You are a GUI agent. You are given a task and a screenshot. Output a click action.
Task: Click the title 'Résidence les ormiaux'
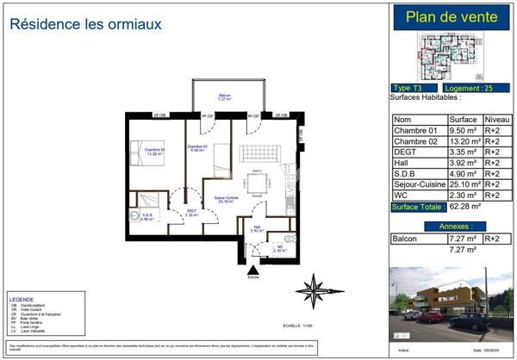pos(86,24)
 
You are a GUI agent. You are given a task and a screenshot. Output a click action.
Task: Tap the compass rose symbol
pos(314,289)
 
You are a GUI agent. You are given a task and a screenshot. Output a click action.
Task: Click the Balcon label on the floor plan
pos(224,96)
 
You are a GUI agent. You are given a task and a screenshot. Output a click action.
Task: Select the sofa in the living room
pos(259,152)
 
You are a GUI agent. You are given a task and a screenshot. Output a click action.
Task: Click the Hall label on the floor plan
pos(257,228)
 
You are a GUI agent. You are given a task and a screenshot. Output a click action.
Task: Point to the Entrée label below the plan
pos(252,276)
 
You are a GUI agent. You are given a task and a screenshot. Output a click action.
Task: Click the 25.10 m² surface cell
pos(464,183)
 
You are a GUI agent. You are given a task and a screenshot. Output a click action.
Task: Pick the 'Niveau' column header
pos(495,120)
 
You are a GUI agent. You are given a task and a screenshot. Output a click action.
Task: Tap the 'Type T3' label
pos(413,89)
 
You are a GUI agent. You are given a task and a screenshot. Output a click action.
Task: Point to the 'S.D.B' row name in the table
pos(405,172)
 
